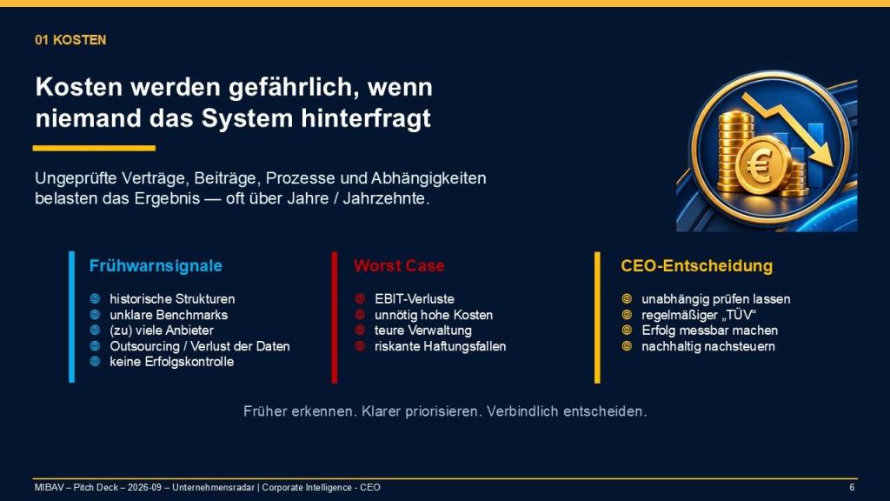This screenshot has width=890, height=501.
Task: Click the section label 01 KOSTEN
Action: (70, 40)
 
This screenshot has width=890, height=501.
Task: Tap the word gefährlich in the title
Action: (293, 88)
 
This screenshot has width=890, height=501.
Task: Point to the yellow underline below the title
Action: (94, 148)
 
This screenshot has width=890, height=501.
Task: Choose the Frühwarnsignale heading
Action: (156, 266)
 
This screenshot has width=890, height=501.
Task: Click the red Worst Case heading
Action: (399, 266)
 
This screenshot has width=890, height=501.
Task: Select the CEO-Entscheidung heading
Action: (696, 266)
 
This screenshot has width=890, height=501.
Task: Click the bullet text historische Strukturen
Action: (172, 299)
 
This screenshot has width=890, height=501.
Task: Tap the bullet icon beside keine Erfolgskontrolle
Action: (96, 361)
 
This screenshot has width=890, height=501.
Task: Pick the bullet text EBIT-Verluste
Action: (415, 299)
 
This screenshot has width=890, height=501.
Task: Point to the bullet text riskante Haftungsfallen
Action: (440, 346)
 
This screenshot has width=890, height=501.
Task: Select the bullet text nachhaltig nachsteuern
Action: (707, 346)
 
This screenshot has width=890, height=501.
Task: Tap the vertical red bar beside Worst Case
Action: (335, 317)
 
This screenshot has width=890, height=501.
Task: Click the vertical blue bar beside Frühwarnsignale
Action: (71, 317)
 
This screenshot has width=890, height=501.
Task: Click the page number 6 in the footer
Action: (852, 487)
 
